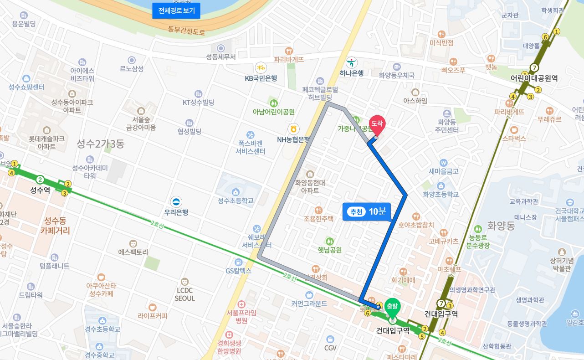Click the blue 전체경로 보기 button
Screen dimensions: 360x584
[x=176, y=11]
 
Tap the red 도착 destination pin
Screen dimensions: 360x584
[x=377, y=124]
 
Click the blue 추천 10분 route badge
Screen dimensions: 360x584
[x=367, y=211]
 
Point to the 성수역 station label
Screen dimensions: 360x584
[x=40, y=190]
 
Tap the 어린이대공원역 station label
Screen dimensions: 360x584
[x=534, y=78]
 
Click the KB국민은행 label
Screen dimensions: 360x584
[x=261, y=78]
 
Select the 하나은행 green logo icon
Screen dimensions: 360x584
[x=352, y=62]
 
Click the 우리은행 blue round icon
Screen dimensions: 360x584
[x=176, y=202]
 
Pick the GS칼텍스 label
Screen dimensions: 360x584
[x=238, y=271]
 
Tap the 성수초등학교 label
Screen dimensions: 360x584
[x=236, y=201]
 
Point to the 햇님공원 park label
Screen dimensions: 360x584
[x=329, y=250]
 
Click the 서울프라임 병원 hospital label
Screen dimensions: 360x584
[x=241, y=317]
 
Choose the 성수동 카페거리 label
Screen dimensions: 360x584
[x=55, y=226]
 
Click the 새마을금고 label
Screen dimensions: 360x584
[x=443, y=171]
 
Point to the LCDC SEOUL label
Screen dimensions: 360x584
[x=184, y=294]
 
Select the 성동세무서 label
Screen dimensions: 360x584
[x=221, y=57]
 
